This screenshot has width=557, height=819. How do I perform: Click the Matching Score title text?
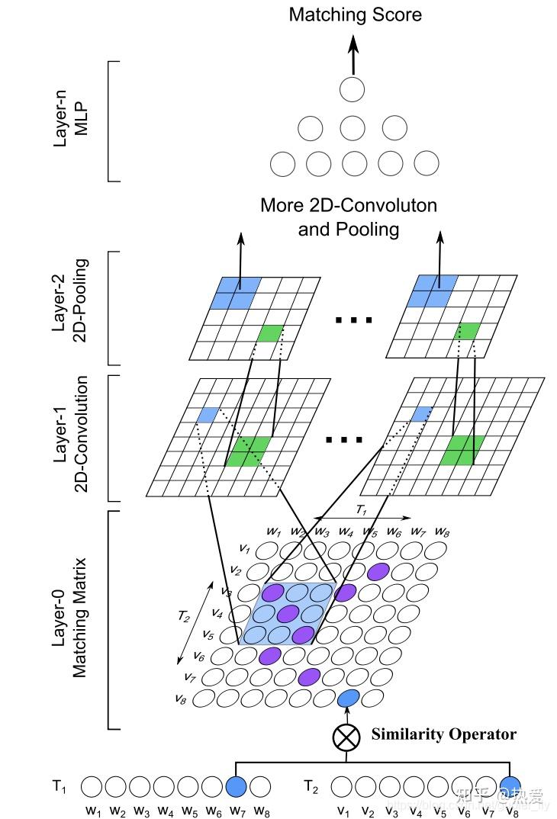(355, 14)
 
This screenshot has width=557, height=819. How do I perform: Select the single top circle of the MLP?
(352, 89)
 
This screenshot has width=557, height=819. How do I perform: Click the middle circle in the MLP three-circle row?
(352, 127)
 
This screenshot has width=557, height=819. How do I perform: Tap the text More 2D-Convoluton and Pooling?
(349, 217)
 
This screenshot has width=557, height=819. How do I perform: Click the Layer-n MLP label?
(71, 122)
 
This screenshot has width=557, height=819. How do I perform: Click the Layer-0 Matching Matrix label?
(69, 618)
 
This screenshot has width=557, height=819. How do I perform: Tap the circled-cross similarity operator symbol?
(346, 737)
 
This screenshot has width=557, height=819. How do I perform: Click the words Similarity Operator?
(443, 734)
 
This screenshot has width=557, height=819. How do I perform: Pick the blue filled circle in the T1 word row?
(237, 786)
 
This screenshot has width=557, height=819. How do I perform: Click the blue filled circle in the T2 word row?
(510, 786)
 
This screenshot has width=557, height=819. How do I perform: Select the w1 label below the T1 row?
(93, 811)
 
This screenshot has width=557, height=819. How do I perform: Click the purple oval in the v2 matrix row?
(378, 571)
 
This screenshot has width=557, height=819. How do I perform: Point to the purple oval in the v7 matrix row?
(309, 676)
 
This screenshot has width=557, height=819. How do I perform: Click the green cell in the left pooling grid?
(270, 332)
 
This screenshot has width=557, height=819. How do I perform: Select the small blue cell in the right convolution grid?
(420, 414)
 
